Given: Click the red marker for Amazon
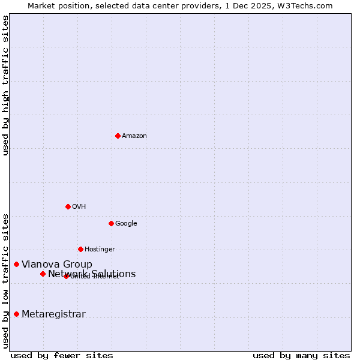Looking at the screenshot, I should click(118, 136).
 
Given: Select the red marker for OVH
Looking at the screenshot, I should click(68, 206).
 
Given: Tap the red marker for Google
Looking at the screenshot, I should click(111, 223).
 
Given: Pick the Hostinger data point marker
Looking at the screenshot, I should click(80, 249).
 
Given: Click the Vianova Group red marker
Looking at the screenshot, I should click(16, 264).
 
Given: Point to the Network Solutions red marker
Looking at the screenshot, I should click(43, 274).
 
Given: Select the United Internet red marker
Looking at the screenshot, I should click(66, 276).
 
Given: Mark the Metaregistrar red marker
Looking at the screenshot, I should click(16, 314).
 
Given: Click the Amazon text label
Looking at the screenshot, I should click(134, 136).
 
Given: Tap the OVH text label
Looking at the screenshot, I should click(79, 207).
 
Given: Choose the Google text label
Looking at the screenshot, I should click(126, 224).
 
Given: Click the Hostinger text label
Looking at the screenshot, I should click(100, 250).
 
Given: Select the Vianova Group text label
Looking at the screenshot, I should click(57, 265).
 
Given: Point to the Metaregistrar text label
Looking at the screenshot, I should click(53, 314).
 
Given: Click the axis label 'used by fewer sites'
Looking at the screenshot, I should click(62, 355).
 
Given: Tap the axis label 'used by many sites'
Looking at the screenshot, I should click(301, 355).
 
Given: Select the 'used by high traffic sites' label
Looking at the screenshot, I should click(5, 86).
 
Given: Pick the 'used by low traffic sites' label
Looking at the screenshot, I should click(5, 281).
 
